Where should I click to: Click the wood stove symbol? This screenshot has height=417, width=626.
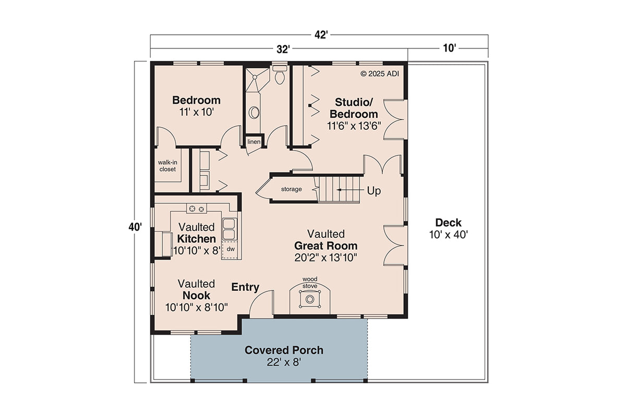pyautogui.click(x=310, y=299)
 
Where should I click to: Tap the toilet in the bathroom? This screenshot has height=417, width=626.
pyautogui.click(x=280, y=76)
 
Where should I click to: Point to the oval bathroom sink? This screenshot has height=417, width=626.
pyautogui.click(x=255, y=112)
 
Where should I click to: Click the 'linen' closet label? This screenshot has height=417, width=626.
pyautogui.click(x=254, y=142)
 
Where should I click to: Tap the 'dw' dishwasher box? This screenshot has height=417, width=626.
pyautogui.click(x=230, y=250)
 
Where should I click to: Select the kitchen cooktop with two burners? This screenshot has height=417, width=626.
pyautogui.click(x=197, y=209)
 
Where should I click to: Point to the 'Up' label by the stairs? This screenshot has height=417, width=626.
pyautogui.click(x=374, y=191)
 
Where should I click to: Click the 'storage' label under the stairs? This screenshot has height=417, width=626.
pyautogui.click(x=291, y=189)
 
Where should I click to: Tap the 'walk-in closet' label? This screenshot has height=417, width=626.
pyautogui.click(x=167, y=166)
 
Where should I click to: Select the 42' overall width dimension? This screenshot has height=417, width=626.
pyautogui.click(x=320, y=35)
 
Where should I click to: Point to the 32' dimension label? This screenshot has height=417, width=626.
pyautogui.click(x=283, y=50)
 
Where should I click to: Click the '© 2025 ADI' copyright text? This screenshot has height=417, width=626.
pyautogui.click(x=380, y=73)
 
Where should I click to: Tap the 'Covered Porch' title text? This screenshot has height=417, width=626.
pyautogui.click(x=284, y=350)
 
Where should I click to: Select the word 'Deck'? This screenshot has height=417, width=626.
pyautogui.click(x=448, y=223)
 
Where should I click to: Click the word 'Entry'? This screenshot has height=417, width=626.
pyautogui.click(x=245, y=287)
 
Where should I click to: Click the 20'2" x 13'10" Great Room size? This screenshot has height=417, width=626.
pyautogui.click(x=326, y=257)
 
